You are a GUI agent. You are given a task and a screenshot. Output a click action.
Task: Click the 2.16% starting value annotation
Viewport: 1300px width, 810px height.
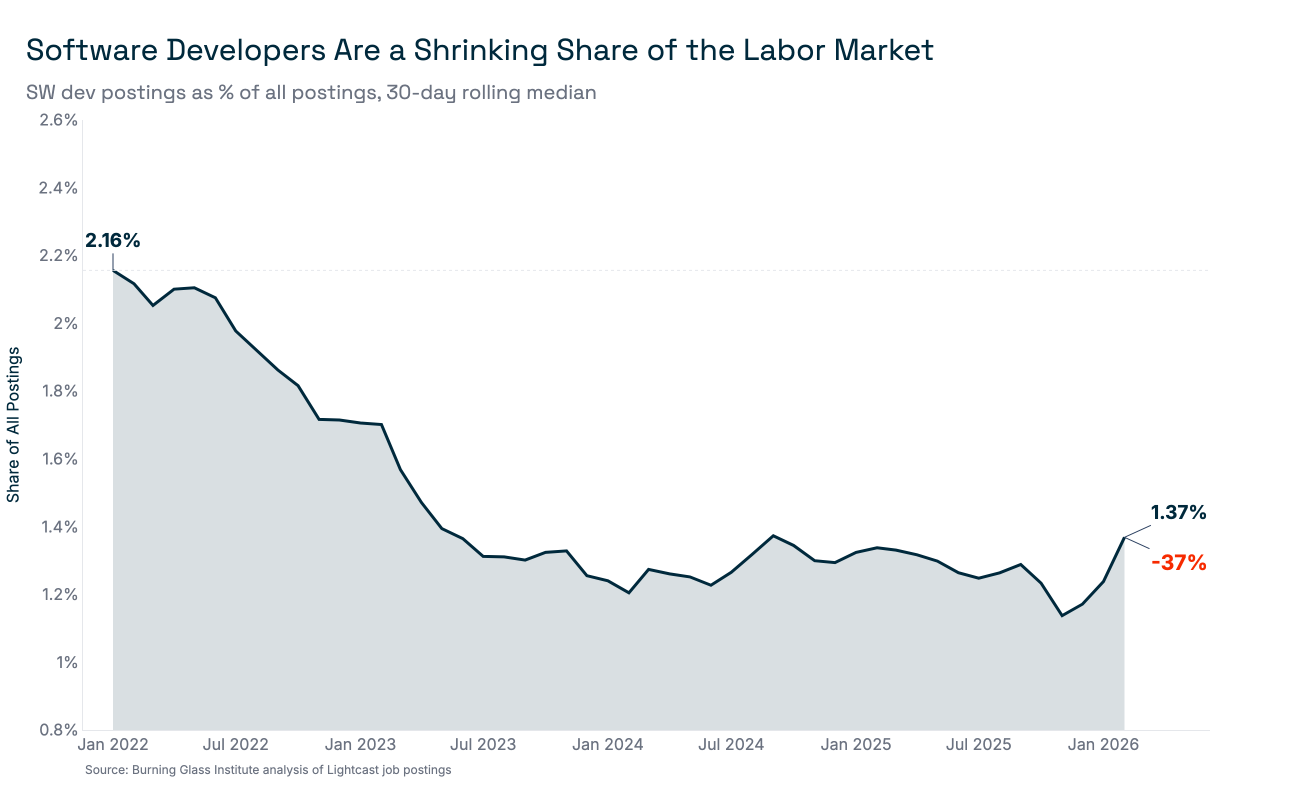[112, 240]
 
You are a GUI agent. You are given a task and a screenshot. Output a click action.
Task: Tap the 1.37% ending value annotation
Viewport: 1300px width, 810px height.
[1178, 512]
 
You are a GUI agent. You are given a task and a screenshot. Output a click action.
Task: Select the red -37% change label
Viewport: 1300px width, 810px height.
[1178, 563]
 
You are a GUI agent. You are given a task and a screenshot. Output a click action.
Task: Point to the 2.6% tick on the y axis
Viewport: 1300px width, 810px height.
[58, 120]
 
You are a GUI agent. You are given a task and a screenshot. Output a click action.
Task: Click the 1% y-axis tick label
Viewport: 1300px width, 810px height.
[67, 662]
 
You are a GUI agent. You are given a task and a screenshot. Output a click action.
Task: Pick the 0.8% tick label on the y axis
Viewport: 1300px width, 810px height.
[58, 729]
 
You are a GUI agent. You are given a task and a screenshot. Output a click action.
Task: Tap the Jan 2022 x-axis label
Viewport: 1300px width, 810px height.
[113, 744]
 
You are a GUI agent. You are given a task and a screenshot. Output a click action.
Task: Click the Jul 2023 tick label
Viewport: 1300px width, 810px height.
[482, 744]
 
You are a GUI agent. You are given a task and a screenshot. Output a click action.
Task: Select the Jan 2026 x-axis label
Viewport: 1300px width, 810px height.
[1103, 744]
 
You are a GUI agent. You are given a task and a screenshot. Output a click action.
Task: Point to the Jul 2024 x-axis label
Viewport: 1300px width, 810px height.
[730, 744]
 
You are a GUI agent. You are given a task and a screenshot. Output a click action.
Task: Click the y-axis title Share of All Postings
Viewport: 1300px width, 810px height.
[13, 425]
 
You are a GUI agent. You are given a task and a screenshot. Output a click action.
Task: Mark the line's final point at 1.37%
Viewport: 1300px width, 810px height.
[1124, 537]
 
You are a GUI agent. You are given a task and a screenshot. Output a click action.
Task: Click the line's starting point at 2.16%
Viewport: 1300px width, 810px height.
[113, 271]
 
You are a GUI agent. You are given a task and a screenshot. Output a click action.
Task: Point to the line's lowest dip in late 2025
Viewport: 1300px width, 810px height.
[1061, 615]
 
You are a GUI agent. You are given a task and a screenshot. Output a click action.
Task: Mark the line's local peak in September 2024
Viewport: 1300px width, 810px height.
[773, 535]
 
